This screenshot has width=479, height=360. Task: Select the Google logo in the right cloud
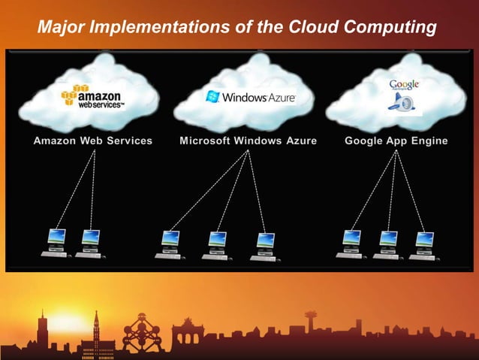[x=404, y=85]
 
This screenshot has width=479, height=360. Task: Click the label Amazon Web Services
[x=92, y=141]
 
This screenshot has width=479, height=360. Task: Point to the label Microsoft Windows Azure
[x=248, y=141]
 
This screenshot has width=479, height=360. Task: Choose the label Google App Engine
[x=396, y=141]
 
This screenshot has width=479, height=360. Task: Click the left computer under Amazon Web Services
[x=56, y=243]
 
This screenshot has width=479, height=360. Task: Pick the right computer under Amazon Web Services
[x=91, y=243]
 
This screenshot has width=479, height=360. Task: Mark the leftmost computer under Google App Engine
[x=351, y=243]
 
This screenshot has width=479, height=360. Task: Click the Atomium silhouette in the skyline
[x=142, y=331]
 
